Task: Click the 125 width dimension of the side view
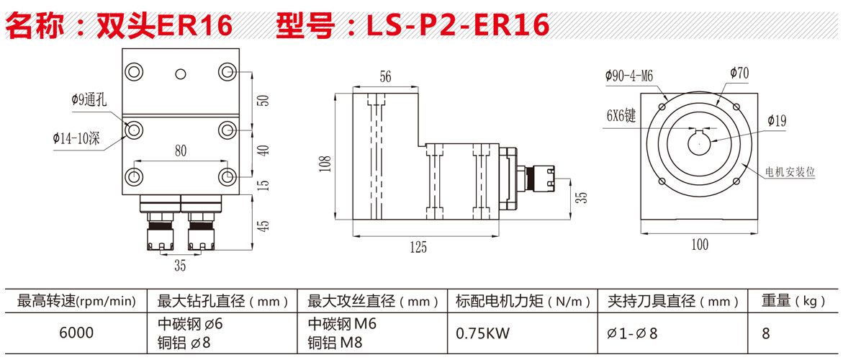click(418, 248)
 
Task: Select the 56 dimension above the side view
click(385, 78)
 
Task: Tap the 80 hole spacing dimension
click(180, 151)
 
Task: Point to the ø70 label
click(739, 73)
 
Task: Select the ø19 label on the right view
click(777, 121)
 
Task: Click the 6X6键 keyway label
click(621, 115)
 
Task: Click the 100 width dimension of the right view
click(699, 245)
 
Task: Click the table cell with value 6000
click(76, 333)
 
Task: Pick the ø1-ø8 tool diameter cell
click(633, 333)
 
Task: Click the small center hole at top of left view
click(181, 72)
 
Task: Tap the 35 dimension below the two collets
click(180, 266)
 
